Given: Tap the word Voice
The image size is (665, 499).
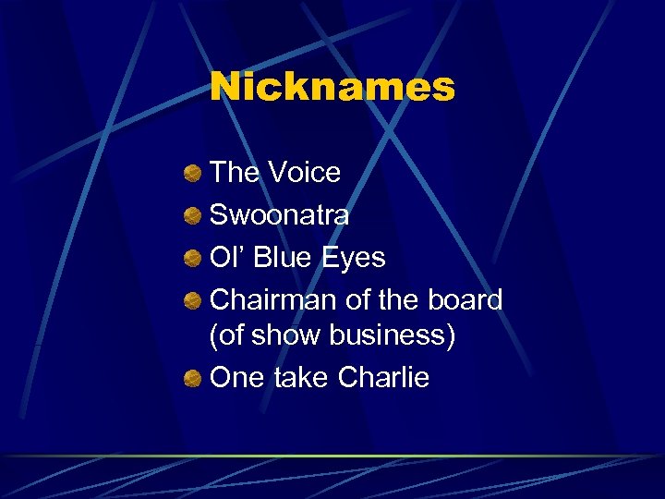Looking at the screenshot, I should [x=304, y=172].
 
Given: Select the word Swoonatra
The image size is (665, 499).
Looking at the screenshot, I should [x=280, y=214].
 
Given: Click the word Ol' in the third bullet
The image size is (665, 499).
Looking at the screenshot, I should [x=227, y=257].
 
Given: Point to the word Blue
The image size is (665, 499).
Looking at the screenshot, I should [x=282, y=257].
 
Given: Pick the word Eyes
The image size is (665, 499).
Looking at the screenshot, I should [x=353, y=257].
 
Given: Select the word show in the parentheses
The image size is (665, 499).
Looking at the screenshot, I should [x=284, y=335].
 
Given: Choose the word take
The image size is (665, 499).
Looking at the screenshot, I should [x=301, y=378].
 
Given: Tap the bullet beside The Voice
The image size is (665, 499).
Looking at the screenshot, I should [x=192, y=173].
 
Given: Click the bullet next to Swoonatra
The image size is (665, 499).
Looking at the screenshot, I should [x=192, y=215].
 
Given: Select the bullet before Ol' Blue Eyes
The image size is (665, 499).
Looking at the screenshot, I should [x=192, y=258].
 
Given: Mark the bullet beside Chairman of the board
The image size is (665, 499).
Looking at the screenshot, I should [x=192, y=300].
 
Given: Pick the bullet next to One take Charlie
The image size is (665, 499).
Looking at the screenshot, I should [x=192, y=379].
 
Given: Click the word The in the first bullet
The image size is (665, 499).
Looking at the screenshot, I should [x=235, y=172].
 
